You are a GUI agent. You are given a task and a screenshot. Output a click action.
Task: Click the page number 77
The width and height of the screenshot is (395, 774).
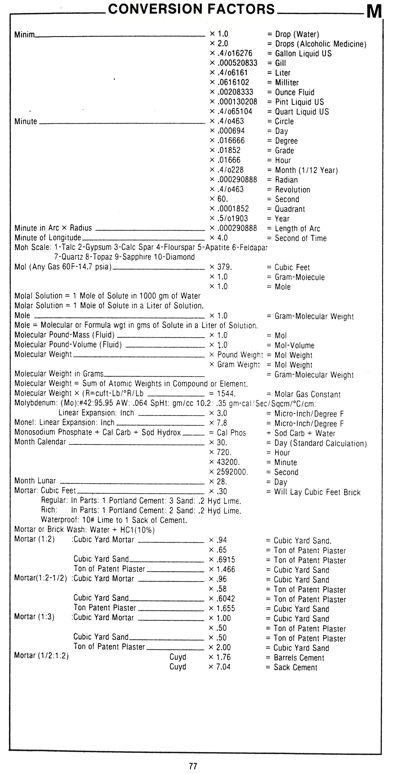[193, 766]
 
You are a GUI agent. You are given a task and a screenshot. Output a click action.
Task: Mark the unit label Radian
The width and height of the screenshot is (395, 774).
[286, 180]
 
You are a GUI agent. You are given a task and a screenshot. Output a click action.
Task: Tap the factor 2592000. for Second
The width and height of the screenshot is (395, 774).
[232, 472]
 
